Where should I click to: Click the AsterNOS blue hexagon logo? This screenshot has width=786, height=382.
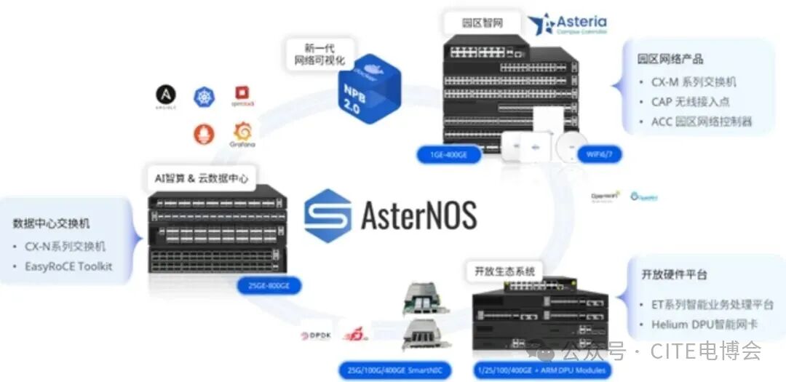pyautogui.click(x=327, y=215)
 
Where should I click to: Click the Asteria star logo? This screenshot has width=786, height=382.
pyautogui.click(x=542, y=25)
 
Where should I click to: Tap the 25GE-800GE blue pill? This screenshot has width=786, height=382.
pyautogui.click(x=269, y=286)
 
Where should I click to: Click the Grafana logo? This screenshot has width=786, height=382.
pyautogui.click(x=242, y=134)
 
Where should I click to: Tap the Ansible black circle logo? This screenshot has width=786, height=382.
pyautogui.click(x=166, y=95)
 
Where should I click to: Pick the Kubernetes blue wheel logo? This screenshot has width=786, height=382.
pyautogui.click(x=205, y=96)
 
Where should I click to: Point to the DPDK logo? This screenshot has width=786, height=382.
pyautogui.click(x=317, y=336)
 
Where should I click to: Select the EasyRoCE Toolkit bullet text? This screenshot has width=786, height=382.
pyautogui.click(x=68, y=266)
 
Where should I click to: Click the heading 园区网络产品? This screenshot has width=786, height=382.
pyautogui.click(x=670, y=59)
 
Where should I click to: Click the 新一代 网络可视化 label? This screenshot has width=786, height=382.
pyautogui.click(x=319, y=55)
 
